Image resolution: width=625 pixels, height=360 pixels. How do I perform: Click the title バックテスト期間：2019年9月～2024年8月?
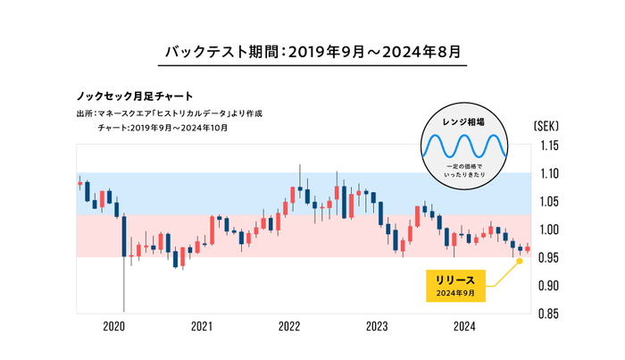tap(312, 51)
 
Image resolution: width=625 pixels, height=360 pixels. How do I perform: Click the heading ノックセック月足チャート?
tap(136, 95)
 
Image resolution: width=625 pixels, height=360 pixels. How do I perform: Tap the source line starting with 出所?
tap(170, 113)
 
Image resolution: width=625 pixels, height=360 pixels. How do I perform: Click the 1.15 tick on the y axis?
tap(549, 146)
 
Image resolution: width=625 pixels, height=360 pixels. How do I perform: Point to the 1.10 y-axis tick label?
tap(549, 173)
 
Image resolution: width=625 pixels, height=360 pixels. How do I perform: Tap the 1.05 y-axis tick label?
tap(549, 202)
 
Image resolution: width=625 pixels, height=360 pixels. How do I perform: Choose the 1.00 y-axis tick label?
tap(549, 230)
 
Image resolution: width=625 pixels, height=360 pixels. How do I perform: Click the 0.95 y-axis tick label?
tap(549, 258)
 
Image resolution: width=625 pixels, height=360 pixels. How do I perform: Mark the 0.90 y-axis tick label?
tap(549, 286)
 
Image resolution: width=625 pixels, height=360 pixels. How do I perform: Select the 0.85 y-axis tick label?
tap(549, 314)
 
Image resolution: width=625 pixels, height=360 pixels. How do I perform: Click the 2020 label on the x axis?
tap(114, 327)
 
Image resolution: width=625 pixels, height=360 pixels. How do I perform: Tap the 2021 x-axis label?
tap(202, 327)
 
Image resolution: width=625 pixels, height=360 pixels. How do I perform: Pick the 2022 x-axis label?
tap(289, 327)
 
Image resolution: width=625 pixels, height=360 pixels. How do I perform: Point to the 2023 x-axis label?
tap(377, 327)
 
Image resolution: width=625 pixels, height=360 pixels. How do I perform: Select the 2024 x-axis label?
tap(464, 327)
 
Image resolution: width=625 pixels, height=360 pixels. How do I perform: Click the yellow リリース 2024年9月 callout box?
tap(456, 286)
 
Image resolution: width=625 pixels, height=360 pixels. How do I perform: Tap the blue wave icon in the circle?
tap(464, 146)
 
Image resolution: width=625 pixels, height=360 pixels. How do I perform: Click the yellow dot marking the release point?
tap(520, 261)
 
